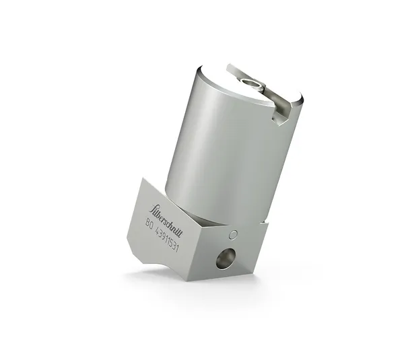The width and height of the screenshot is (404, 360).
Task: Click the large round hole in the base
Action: click(x=222, y=260)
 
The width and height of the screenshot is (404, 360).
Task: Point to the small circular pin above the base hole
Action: click(x=233, y=235)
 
